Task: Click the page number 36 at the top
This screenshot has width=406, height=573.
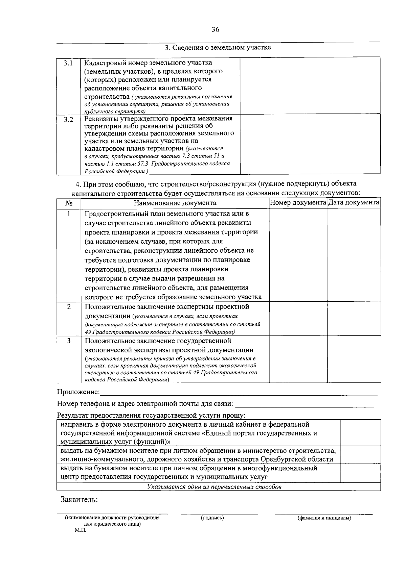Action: (x=215, y=30)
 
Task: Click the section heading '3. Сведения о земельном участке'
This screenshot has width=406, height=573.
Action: (x=218, y=47)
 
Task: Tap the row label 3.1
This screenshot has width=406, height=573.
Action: (x=69, y=63)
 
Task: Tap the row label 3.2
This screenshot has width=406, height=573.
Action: (x=69, y=120)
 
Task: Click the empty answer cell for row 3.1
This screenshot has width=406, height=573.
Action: (x=310, y=85)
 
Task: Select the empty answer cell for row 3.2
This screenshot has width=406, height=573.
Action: (x=310, y=144)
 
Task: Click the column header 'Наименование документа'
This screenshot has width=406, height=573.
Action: (x=175, y=203)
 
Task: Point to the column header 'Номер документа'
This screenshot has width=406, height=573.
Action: (x=298, y=202)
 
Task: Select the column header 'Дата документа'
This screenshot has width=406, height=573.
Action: (x=354, y=202)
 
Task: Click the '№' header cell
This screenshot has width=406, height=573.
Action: (x=69, y=203)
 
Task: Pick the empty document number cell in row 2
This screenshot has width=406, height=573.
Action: (x=298, y=319)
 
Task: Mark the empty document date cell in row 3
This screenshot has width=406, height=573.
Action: (x=354, y=359)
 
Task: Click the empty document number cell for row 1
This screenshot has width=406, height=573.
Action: (x=298, y=255)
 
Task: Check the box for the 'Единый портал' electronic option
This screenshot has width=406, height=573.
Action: (x=360, y=433)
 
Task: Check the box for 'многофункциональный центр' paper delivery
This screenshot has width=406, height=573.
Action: (x=360, y=473)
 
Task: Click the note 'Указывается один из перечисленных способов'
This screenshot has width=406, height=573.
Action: (x=214, y=487)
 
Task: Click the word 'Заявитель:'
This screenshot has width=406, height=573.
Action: (x=79, y=499)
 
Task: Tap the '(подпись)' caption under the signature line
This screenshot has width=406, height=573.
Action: (x=212, y=518)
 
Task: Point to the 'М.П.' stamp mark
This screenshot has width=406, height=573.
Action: (x=81, y=530)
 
